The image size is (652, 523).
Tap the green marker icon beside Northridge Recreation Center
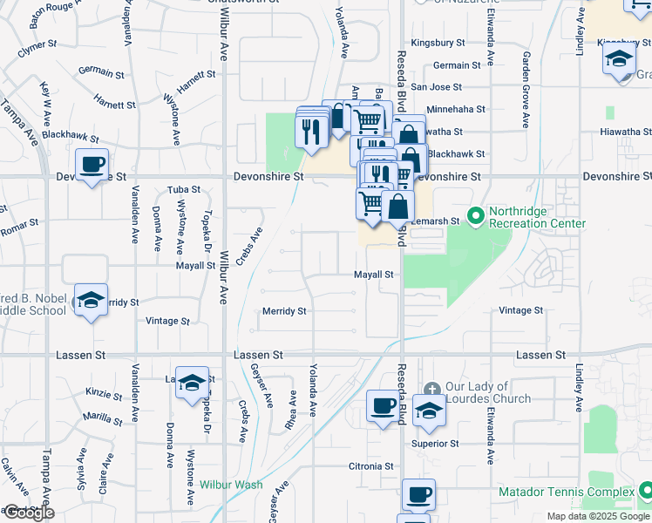[x=475, y=213]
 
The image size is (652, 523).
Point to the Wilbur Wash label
[x=231, y=484]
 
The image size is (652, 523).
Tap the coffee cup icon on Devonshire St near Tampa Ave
[x=92, y=166]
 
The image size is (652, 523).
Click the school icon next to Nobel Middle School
[x=91, y=300]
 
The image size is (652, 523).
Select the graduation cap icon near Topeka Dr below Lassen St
[x=192, y=383]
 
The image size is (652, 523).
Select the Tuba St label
[x=183, y=189]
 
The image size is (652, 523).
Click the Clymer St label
[x=37, y=44]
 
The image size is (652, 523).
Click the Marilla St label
[x=103, y=415]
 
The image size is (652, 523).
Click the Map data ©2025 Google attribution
[x=598, y=516]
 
